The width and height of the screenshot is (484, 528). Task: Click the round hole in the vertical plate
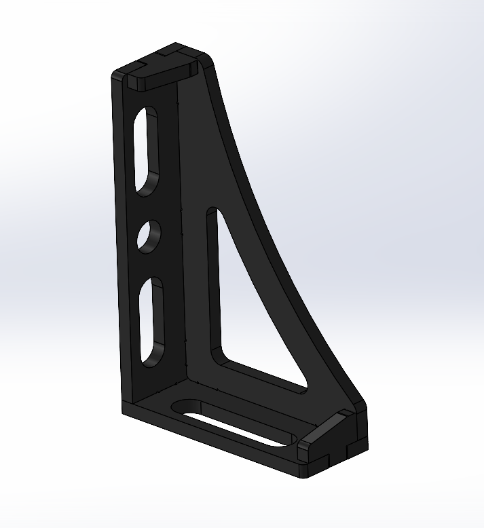(x=149, y=237)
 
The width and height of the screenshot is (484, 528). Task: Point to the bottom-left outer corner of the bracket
(x=123, y=411)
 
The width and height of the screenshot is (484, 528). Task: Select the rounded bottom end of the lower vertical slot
(x=149, y=360)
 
